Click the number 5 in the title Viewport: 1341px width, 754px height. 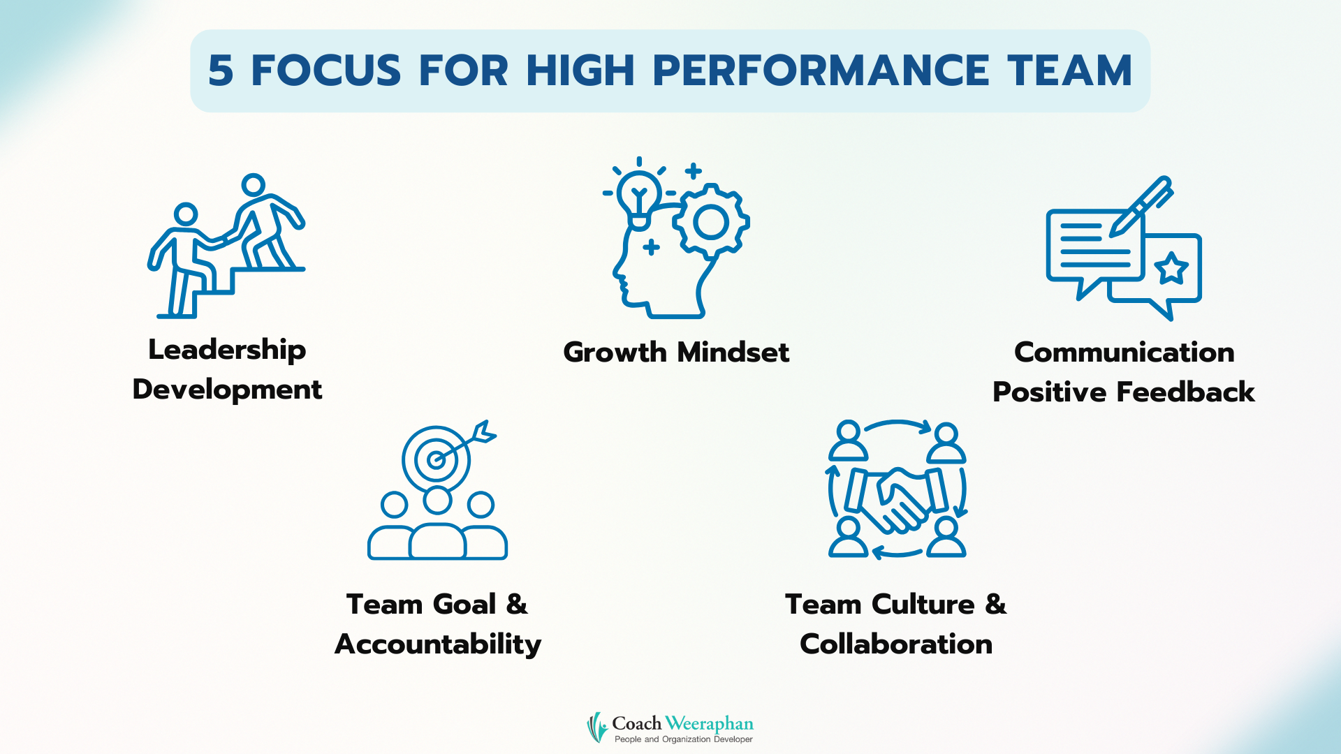pyautogui.click(x=221, y=71)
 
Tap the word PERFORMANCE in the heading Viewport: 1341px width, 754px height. pyautogui.click(x=821, y=71)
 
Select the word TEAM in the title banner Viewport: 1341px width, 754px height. pyautogui.click(x=1069, y=71)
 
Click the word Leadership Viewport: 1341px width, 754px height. pyautogui.click(x=227, y=350)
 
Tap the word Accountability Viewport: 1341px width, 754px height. pyautogui.click(x=438, y=644)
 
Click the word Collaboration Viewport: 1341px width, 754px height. pyautogui.click(x=896, y=644)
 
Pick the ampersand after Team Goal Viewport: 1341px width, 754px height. pyautogui.click(x=517, y=605)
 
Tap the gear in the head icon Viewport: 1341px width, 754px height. pyautogui.click(x=711, y=222)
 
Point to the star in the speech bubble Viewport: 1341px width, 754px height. pyautogui.click(x=1171, y=269)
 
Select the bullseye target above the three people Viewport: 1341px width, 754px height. pyautogui.click(x=437, y=459)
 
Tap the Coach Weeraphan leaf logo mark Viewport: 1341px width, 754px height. pyautogui.click(x=597, y=727)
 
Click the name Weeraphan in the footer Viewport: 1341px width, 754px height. pyautogui.click(x=709, y=723)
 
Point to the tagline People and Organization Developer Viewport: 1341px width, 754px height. pyautogui.click(x=684, y=739)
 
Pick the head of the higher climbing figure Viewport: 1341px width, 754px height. pyautogui.click(x=253, y=186)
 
